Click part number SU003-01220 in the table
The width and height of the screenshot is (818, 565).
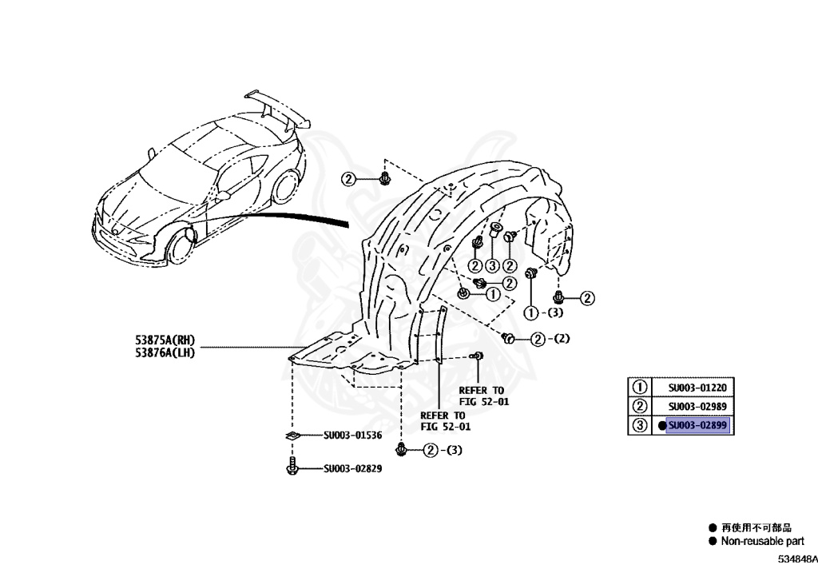(x=698, y=388)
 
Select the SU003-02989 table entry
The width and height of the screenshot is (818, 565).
(x=698, y=407)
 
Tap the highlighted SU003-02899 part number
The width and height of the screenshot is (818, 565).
(x=698, y=426)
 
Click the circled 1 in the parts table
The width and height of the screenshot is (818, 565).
(x=639, y=388)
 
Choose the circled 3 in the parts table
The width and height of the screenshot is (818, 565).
(x=639, y=426)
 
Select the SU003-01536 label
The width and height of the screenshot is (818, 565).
(x=352, y=436)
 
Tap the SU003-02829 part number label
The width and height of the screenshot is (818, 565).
(x=352, y=468)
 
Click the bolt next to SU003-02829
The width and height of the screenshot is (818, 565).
(x=292, y=467)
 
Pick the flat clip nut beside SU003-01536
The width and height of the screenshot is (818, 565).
(x=292, y=436)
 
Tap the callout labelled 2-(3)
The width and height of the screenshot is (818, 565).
(x=442, y=451)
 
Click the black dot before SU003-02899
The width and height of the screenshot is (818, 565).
(x=661, y=426)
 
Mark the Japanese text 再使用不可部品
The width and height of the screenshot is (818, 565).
(x=756, y=527)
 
